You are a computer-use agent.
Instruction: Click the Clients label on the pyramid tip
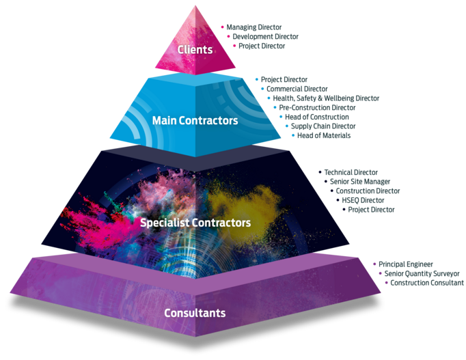pos(195,49)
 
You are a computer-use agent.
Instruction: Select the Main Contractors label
pos(195,120)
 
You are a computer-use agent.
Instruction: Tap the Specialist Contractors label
pos(195,223)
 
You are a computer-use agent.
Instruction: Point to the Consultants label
pos(195,313)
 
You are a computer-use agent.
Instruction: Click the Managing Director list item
pos(253,27)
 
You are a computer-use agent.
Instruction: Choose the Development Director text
pos(265,36)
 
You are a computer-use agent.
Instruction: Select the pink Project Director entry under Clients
pos(262,46)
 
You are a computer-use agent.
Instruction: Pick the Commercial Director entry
pos(297,89)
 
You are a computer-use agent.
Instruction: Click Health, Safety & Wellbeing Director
pos(326,98)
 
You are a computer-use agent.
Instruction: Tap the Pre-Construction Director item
pos(317,107)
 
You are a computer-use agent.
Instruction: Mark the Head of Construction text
pos(317,117)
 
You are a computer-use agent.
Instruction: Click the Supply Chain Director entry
pos(323,126)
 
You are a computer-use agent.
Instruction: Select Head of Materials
pos(324,135)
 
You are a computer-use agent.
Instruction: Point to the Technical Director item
pos(351,172)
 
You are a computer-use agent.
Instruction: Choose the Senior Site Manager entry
pos(360,182)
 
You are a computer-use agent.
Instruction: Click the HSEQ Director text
pos(363,200)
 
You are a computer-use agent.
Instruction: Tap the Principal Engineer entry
pos(406,264)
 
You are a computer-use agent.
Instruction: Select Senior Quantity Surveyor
pos(422,273)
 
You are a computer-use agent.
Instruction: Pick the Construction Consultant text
pos(427,283)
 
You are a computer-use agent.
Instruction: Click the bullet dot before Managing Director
pos(222,27)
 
